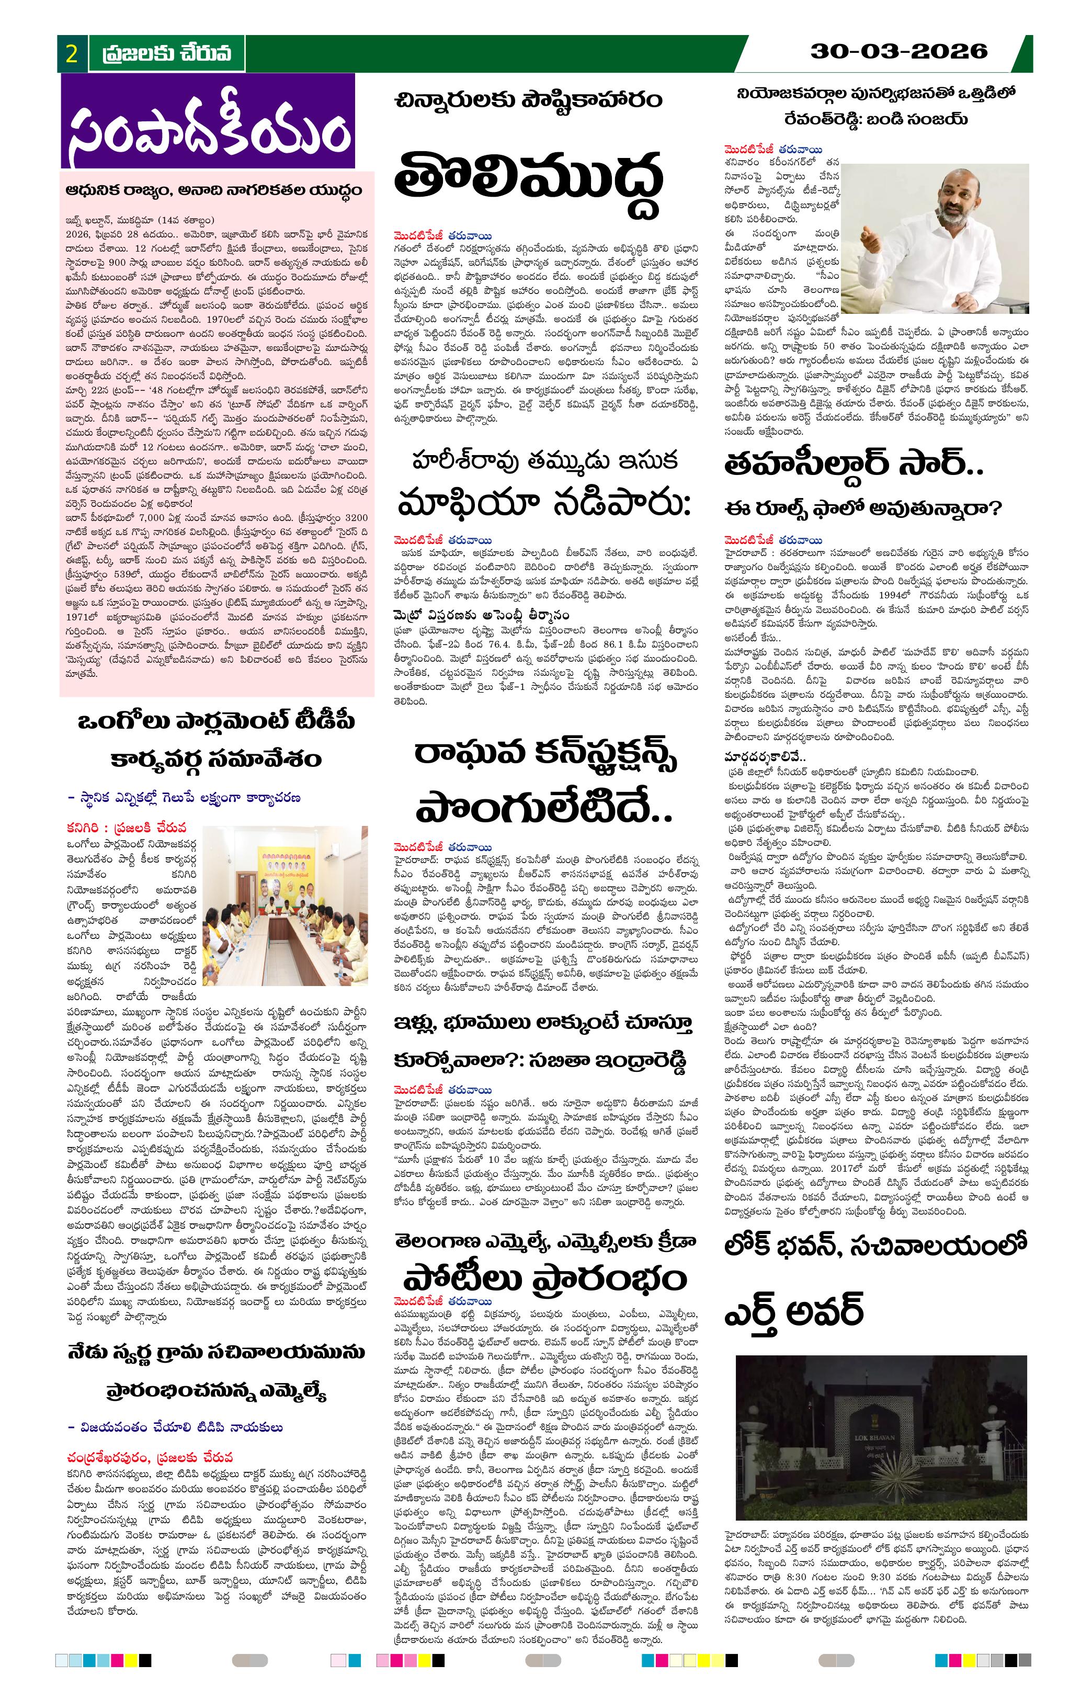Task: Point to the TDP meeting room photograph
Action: pos(285,906)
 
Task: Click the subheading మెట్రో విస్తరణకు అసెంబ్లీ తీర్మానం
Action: pos(505,616)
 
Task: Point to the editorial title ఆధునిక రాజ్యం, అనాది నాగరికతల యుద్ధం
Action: pos(214,190)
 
